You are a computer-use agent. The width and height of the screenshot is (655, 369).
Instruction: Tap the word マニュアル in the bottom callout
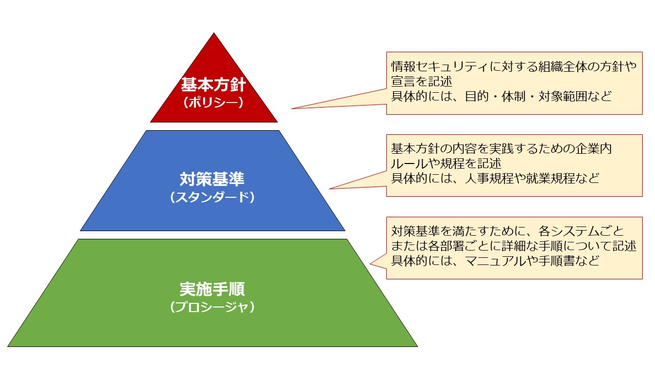[495, 260]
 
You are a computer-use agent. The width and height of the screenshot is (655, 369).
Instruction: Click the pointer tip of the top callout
[292, 109]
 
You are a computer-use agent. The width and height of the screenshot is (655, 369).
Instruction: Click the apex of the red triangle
[214, 34]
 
